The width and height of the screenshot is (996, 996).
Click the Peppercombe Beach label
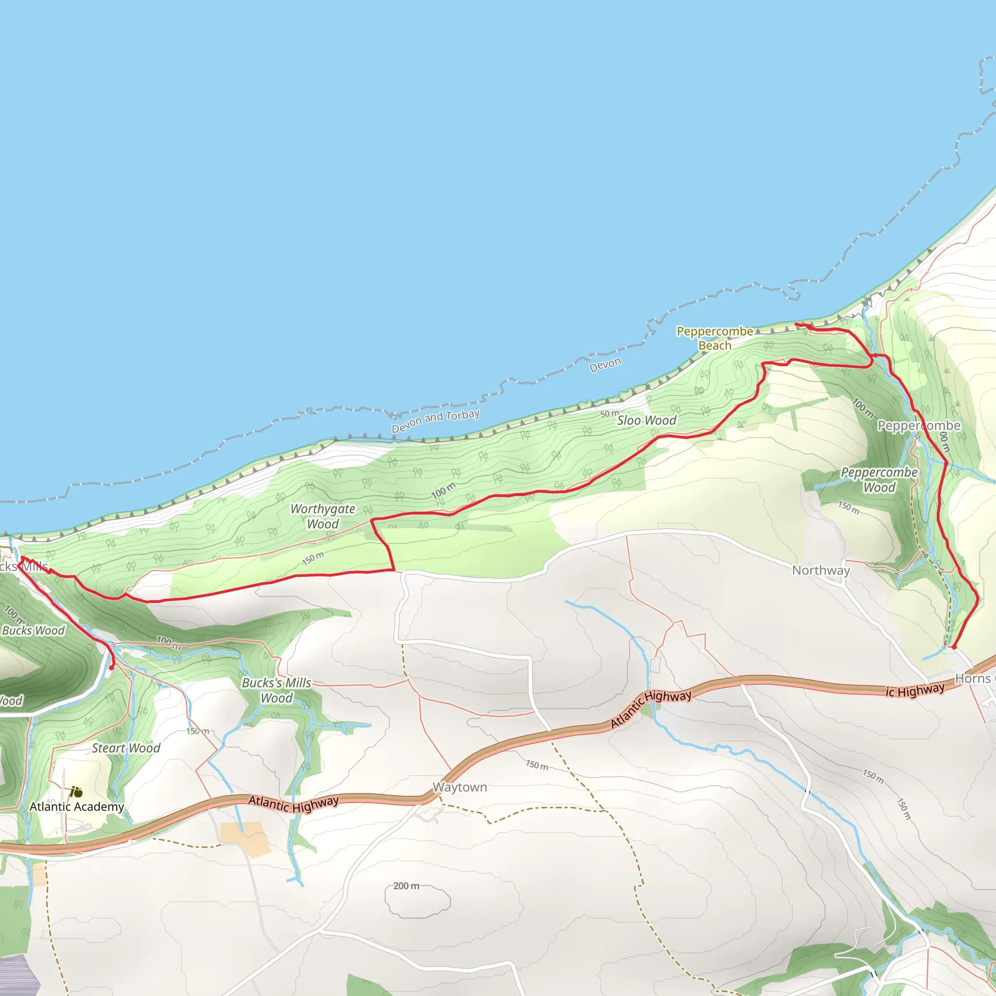(x=714, y=338)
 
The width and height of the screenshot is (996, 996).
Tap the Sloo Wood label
(x=646, y=420)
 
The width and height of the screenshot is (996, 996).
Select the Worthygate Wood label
(x=323, y=516)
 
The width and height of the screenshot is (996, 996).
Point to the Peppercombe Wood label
(x=879, y=480)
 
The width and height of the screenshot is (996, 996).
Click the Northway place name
(x=821, y=570)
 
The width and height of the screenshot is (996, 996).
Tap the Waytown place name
(x=459, y=787)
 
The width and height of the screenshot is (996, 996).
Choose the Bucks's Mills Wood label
(x=277, y=690)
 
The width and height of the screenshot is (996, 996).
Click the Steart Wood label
(x=126, y=747)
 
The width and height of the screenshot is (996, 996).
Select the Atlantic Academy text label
(x=77, y=806)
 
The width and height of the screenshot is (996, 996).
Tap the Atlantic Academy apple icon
(x=76, y=792)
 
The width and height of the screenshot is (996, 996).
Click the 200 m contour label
(x=406, y=886)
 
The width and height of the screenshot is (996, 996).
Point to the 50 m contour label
(x=609, y=414)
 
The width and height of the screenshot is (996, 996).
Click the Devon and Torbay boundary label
(x=435, y=421)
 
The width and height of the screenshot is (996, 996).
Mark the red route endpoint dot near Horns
(x=954, y=646)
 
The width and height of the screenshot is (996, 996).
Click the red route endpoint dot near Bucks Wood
(x=111, y=668)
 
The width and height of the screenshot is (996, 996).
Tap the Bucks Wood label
(x=34, y=630)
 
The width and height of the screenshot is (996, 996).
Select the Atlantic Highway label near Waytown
(x=293, y=803)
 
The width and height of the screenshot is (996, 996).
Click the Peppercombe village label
(x=919, y=426)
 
